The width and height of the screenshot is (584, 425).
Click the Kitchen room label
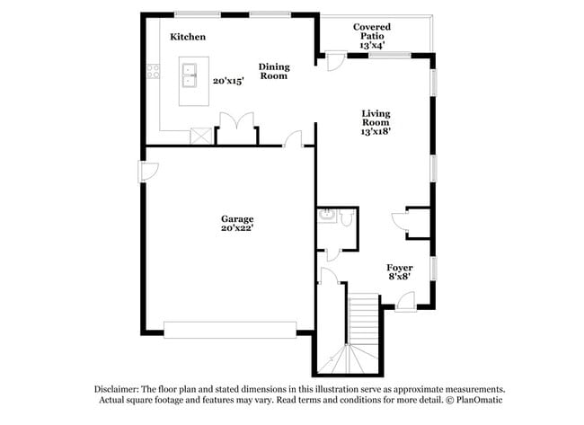(x=188, y=37)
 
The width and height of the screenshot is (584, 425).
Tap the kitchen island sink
(x=190, y=75)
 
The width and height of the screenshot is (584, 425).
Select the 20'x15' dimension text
(x=228, y=81)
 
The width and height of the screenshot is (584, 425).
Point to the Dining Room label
(x=274, y=71)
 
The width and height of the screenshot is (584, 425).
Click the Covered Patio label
(x=371, y=32)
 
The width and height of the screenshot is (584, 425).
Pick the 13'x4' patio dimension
(x=371, y=45)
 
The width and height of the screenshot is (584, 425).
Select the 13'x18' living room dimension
(x=376, y=131)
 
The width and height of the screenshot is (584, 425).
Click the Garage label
(x=237, y=218)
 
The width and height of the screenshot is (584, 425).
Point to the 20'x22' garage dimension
(x=237, y=229)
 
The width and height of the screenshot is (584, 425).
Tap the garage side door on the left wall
(x=148, y=170)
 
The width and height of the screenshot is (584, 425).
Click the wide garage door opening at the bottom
(x=229, y=330)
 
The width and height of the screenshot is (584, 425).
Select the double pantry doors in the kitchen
(x=236, y=126)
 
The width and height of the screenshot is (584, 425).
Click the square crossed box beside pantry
(x=201, y=136)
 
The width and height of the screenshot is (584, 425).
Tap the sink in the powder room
(x=327, y=216)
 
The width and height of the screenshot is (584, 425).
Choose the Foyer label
(x=400, y=268)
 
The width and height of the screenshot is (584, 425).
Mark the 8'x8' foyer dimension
(x=400, y=279)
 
